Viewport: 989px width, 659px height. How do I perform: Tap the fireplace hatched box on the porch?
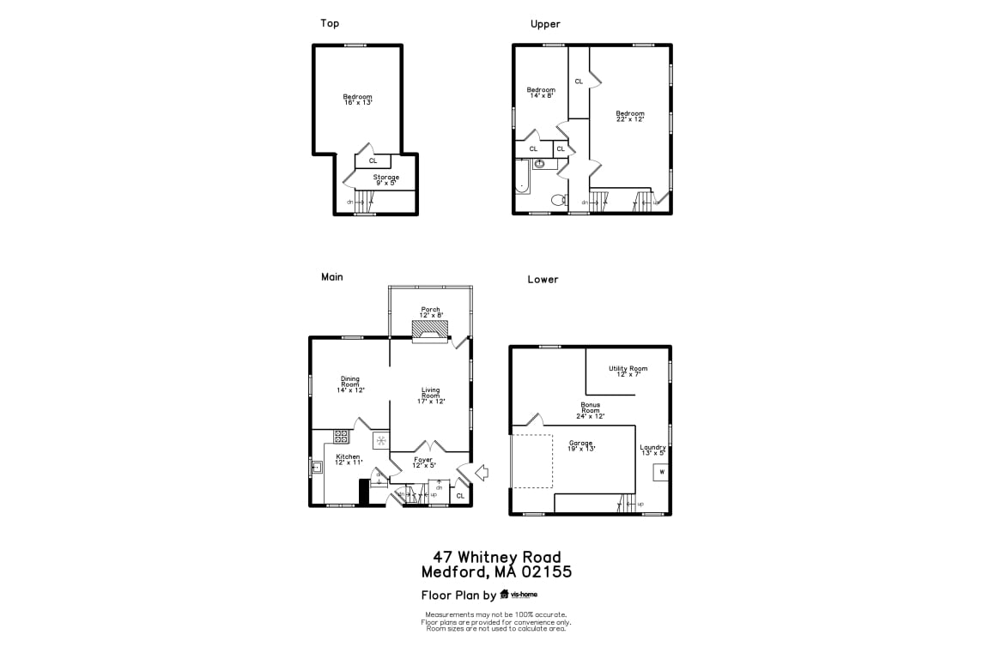pos(429,330)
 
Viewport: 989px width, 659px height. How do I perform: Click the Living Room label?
pos(430,396)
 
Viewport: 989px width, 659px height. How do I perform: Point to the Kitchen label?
pos(349,459)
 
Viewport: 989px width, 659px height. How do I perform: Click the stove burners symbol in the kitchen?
pos(341,436)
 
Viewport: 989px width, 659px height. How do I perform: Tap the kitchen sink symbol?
pos(317,467)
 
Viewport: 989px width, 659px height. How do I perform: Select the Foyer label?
pos(423,462)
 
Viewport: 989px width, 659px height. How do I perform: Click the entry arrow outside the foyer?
pos(481,471)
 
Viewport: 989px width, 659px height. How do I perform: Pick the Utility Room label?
pos(628,371)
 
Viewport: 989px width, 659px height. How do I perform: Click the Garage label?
pos(580,445)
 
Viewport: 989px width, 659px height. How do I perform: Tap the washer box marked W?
pos(661,472)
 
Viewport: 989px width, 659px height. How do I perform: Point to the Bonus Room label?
pos(590,410)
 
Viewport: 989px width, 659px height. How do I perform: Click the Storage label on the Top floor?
pos(385,179)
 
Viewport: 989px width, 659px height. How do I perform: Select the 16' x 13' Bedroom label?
pos(357,100)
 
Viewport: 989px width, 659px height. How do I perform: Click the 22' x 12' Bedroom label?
pos(629,116)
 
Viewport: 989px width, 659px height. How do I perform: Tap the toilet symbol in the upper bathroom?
pos(558,201)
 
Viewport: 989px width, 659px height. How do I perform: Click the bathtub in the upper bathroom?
pos(521,182)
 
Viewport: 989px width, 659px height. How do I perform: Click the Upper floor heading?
pos(545,24)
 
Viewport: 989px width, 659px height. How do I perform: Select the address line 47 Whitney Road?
pos(496,557)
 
